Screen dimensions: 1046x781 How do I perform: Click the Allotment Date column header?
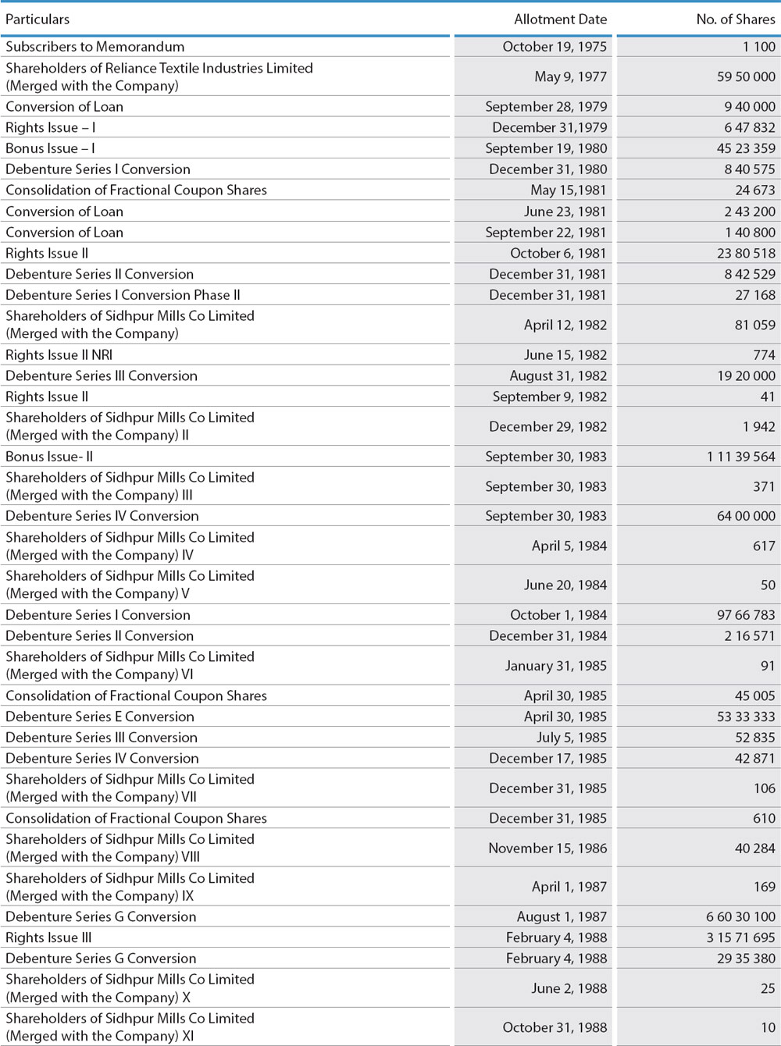pyautogui.click(x=560, y=20)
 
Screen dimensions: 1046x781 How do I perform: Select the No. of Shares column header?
pyautogui.click(x=736, y=20)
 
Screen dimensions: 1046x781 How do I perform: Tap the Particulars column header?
pyautogui.click(x=37, y=20)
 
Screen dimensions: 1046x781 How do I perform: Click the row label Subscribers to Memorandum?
pyautogui.click(x=95, y=47)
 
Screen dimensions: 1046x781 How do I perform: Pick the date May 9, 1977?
pyautogui.click(x=570, y=76)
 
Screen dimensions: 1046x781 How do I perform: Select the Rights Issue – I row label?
pyautogui.click(x=51, y=127)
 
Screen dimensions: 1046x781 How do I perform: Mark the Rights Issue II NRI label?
pyautogui.click(x=59, y=354)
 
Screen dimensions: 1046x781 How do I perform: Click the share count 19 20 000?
pyautogui.click(x=746, y=375)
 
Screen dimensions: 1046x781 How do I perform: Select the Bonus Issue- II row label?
pyautogui.click(x=49, y=457)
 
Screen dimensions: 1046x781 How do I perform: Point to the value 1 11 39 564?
pyautogui.click(x=741, y=457)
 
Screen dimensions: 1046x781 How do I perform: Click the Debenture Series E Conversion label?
pyautogui.click(x=100, y=717)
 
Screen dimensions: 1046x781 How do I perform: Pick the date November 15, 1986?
pyautogui.click(x=547, y=848)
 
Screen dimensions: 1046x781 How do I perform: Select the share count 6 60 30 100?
pyautogui.click(x=741, y=916)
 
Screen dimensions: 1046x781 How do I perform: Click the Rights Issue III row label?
pyautogui.click(x=48, y=937)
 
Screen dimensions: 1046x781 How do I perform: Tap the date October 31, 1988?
pyautogui.click(x=555, y=1027)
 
